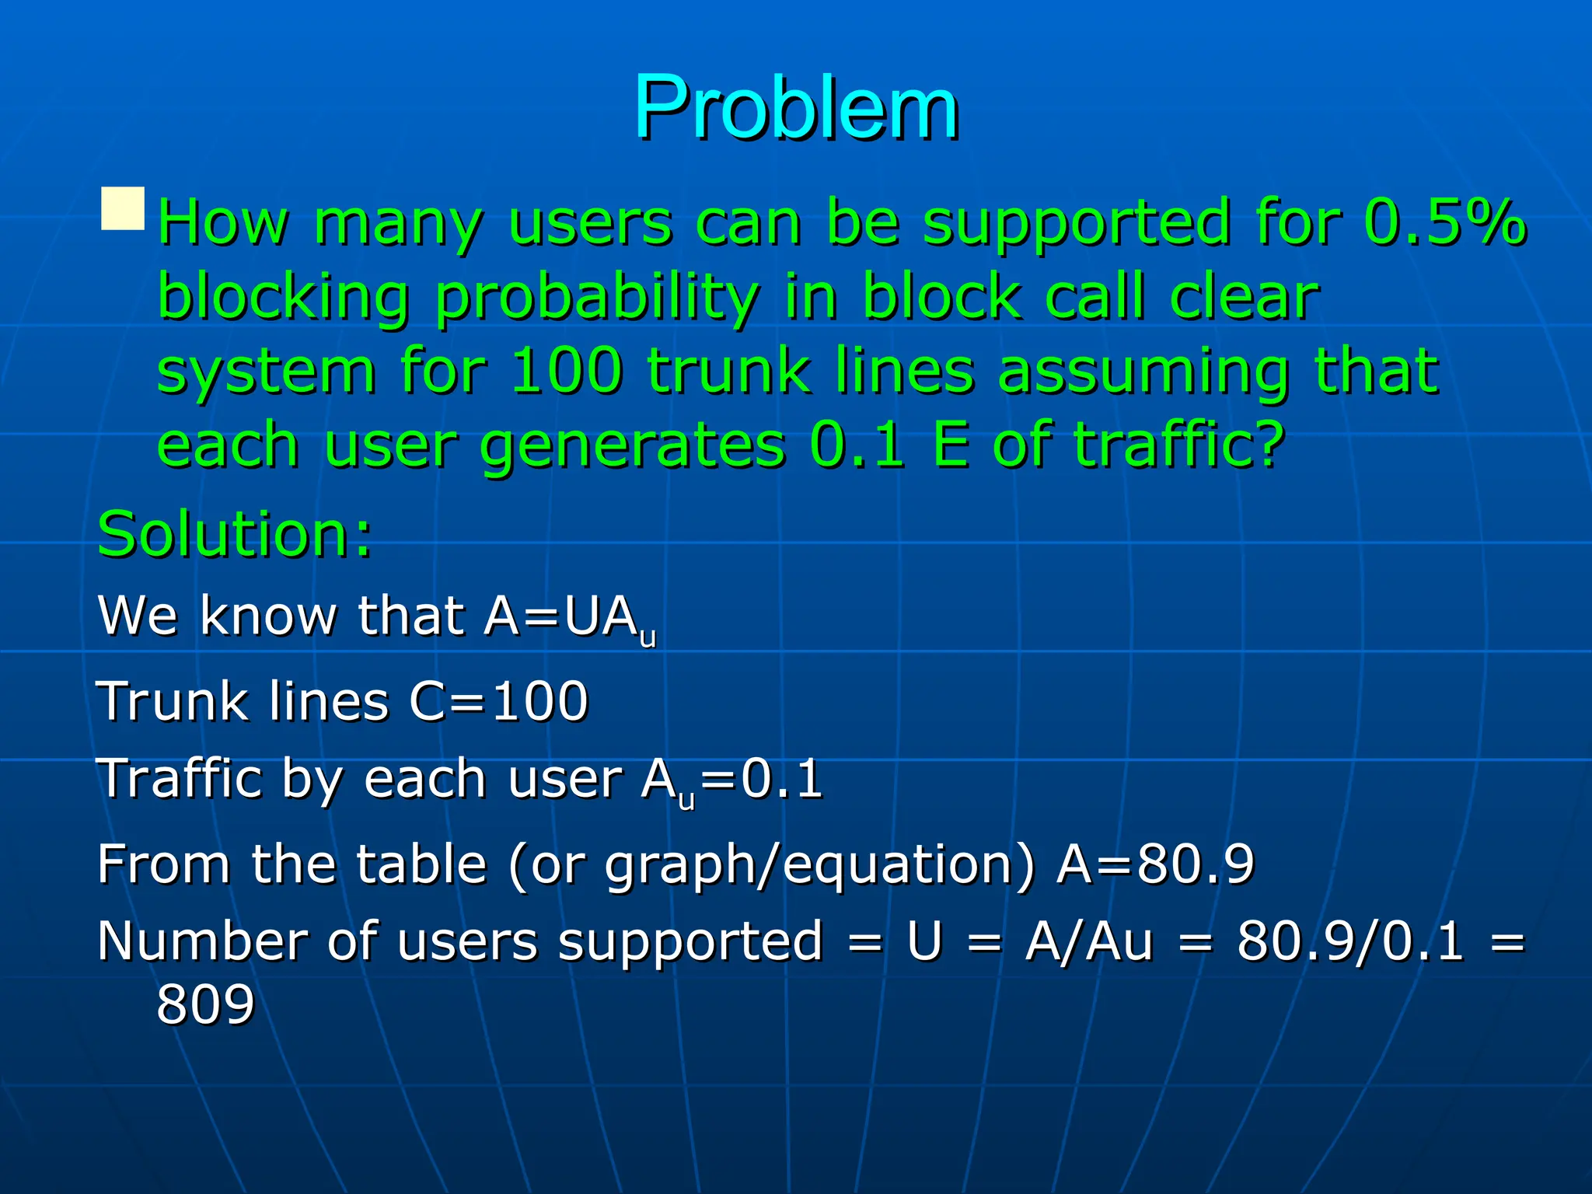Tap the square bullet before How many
[123, 208]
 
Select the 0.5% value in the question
[1444, 222]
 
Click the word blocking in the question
[284, 298]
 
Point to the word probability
[597, 298]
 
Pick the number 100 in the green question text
[567, 371]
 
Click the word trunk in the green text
[730, 371]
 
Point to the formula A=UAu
[570, 618]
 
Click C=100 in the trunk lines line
[498, 701]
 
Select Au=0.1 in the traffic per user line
[731, 780]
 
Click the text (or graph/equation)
[772, 865]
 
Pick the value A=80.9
[1155, 864]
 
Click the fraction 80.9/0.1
[1350, 941]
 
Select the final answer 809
[205, 1004]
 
